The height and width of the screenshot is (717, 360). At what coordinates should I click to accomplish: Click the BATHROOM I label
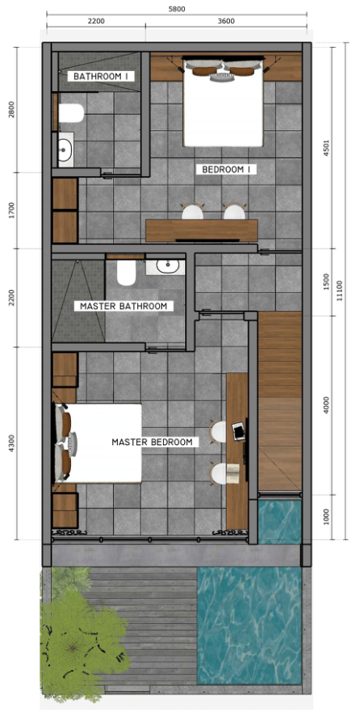(x=103, y=76)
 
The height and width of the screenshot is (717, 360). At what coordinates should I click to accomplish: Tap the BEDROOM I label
(x=228, y=170)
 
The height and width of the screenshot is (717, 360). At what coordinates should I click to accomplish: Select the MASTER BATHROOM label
(x=123, y=306)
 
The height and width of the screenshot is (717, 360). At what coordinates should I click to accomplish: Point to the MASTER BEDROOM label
(x=152, y=442)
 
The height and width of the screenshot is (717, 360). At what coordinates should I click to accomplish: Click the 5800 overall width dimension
(x=176, y=9)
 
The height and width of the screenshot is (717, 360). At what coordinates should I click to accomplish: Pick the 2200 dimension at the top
(x=95, y=21)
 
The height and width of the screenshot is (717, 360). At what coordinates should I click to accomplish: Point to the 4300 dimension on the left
(x=10, y=443)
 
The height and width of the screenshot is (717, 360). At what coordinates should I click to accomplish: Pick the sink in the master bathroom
(x=168, y=266)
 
